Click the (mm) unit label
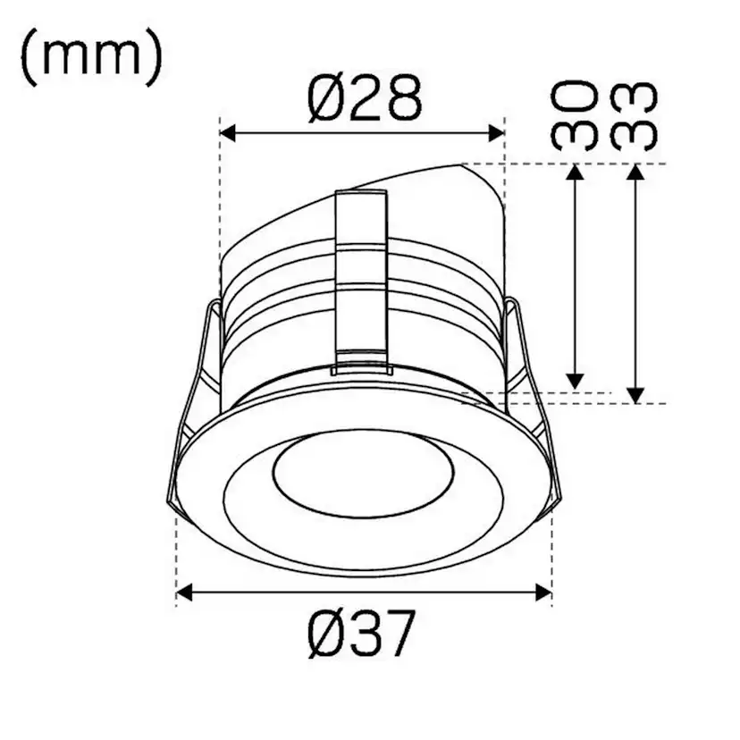(x=90, y=57)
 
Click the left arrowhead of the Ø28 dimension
(x=227, y=133)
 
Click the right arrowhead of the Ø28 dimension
(x=497, y=133)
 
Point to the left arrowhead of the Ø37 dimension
(x=184, y=592)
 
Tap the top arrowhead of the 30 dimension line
(x=576, y=172)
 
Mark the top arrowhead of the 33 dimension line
(x=635, y=172)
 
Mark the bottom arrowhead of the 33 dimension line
(x=635, y=394)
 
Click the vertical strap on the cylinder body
(x=361, y=282)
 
